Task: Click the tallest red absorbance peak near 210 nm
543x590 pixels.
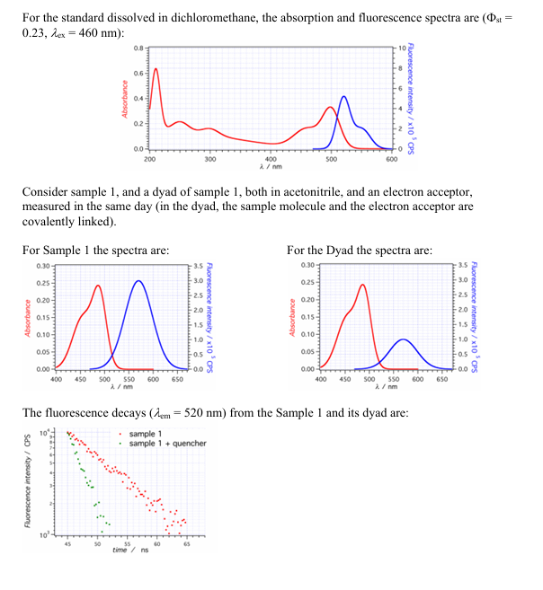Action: [156, 68]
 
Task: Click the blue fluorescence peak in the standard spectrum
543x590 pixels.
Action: [343, 96]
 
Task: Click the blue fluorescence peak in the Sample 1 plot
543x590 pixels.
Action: [138, 281]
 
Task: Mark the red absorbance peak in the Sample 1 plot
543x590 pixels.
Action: [97, 286]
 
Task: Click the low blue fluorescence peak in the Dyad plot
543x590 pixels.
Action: [404, 339]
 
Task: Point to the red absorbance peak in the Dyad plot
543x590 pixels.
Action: [362, 285]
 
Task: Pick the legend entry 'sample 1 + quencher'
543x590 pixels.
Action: [167, 443]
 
